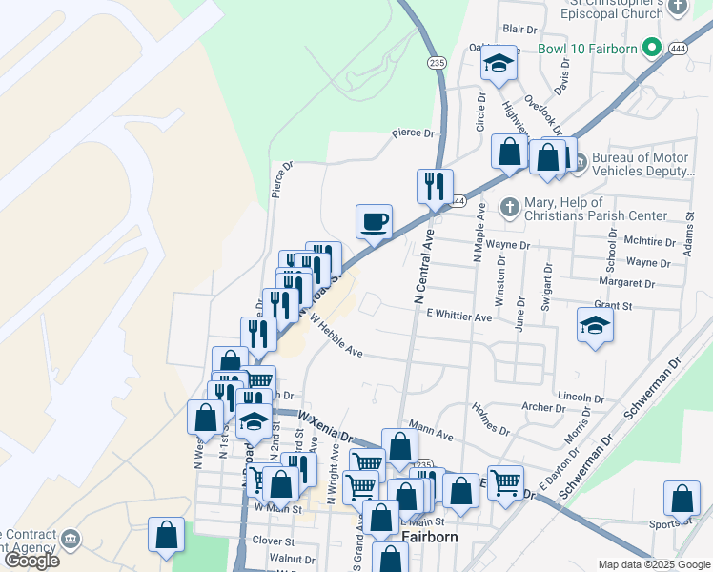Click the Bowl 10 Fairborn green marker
(x=652, y=46)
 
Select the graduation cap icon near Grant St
(x=595, y=326)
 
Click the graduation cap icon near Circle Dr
(x=497, y=64)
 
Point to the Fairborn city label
(x=431, y=537)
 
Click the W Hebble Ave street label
(x=335, y=340)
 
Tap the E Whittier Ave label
(x=458, y=315)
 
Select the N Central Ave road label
(x=419, y=267)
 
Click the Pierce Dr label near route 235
(x=413, y=134)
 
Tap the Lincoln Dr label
(x=575, y=396)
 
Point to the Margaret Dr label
(x=626, y=283)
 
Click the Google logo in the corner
(x=31, y=561)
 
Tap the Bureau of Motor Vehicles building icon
(x=577, y=158)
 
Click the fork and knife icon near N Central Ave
(x=434, y=185)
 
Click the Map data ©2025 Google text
(x=653, y=564)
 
